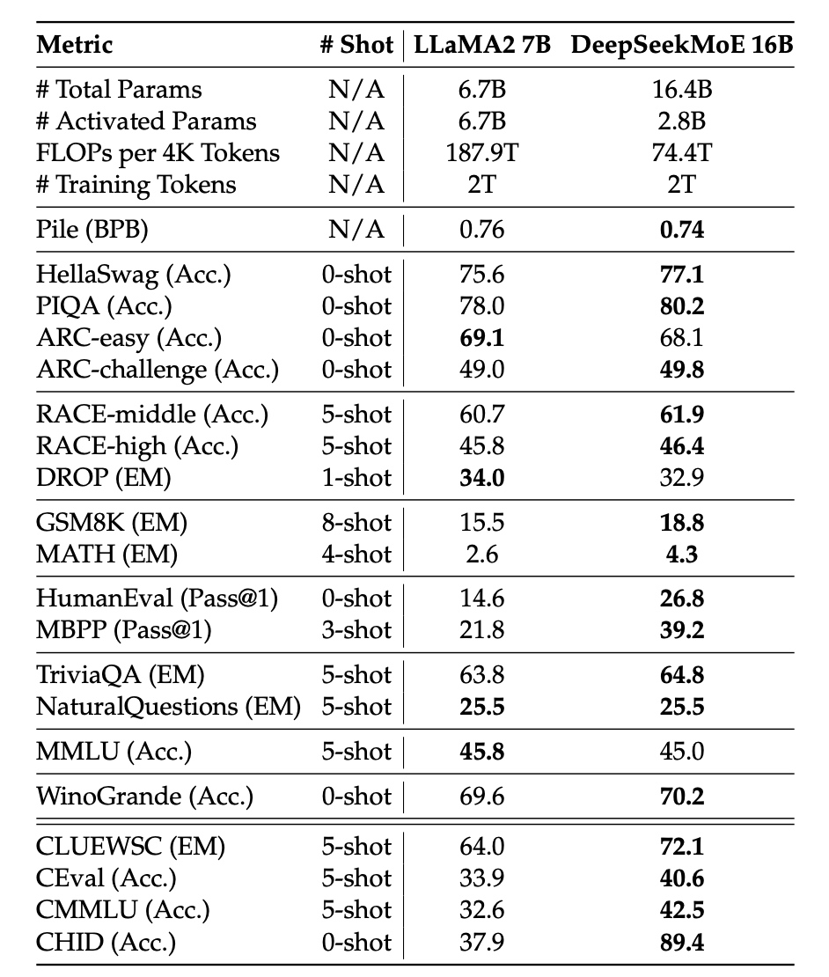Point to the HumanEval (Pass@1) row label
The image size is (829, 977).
click(x=157, y=599)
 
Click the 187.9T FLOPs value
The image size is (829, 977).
click(x=481, y=152)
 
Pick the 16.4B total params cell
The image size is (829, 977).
click(x=682, y=89)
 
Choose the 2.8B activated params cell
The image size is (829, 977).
click(x=682, y=121)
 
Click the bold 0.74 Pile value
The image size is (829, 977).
click(x=682, y=230)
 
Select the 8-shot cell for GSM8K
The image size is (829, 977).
click(x=356, y=523)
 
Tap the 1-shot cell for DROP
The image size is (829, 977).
click(x=356, y=479)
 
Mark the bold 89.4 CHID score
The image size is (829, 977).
click(x=682, y=942)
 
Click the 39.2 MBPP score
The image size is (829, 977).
click(x=682, y=630)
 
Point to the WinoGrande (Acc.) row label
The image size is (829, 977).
click(x=144, y=797)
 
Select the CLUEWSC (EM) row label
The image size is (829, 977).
click(x=130, y=847)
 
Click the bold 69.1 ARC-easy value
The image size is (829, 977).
click(x=481, y=338)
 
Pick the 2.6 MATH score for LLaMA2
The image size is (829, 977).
click(x=481, y=555)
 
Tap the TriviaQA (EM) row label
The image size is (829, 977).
click(x=120, y=675)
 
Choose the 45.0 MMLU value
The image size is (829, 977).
click(x=682, y=752)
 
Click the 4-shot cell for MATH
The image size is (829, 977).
click(x=356, y=555)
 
